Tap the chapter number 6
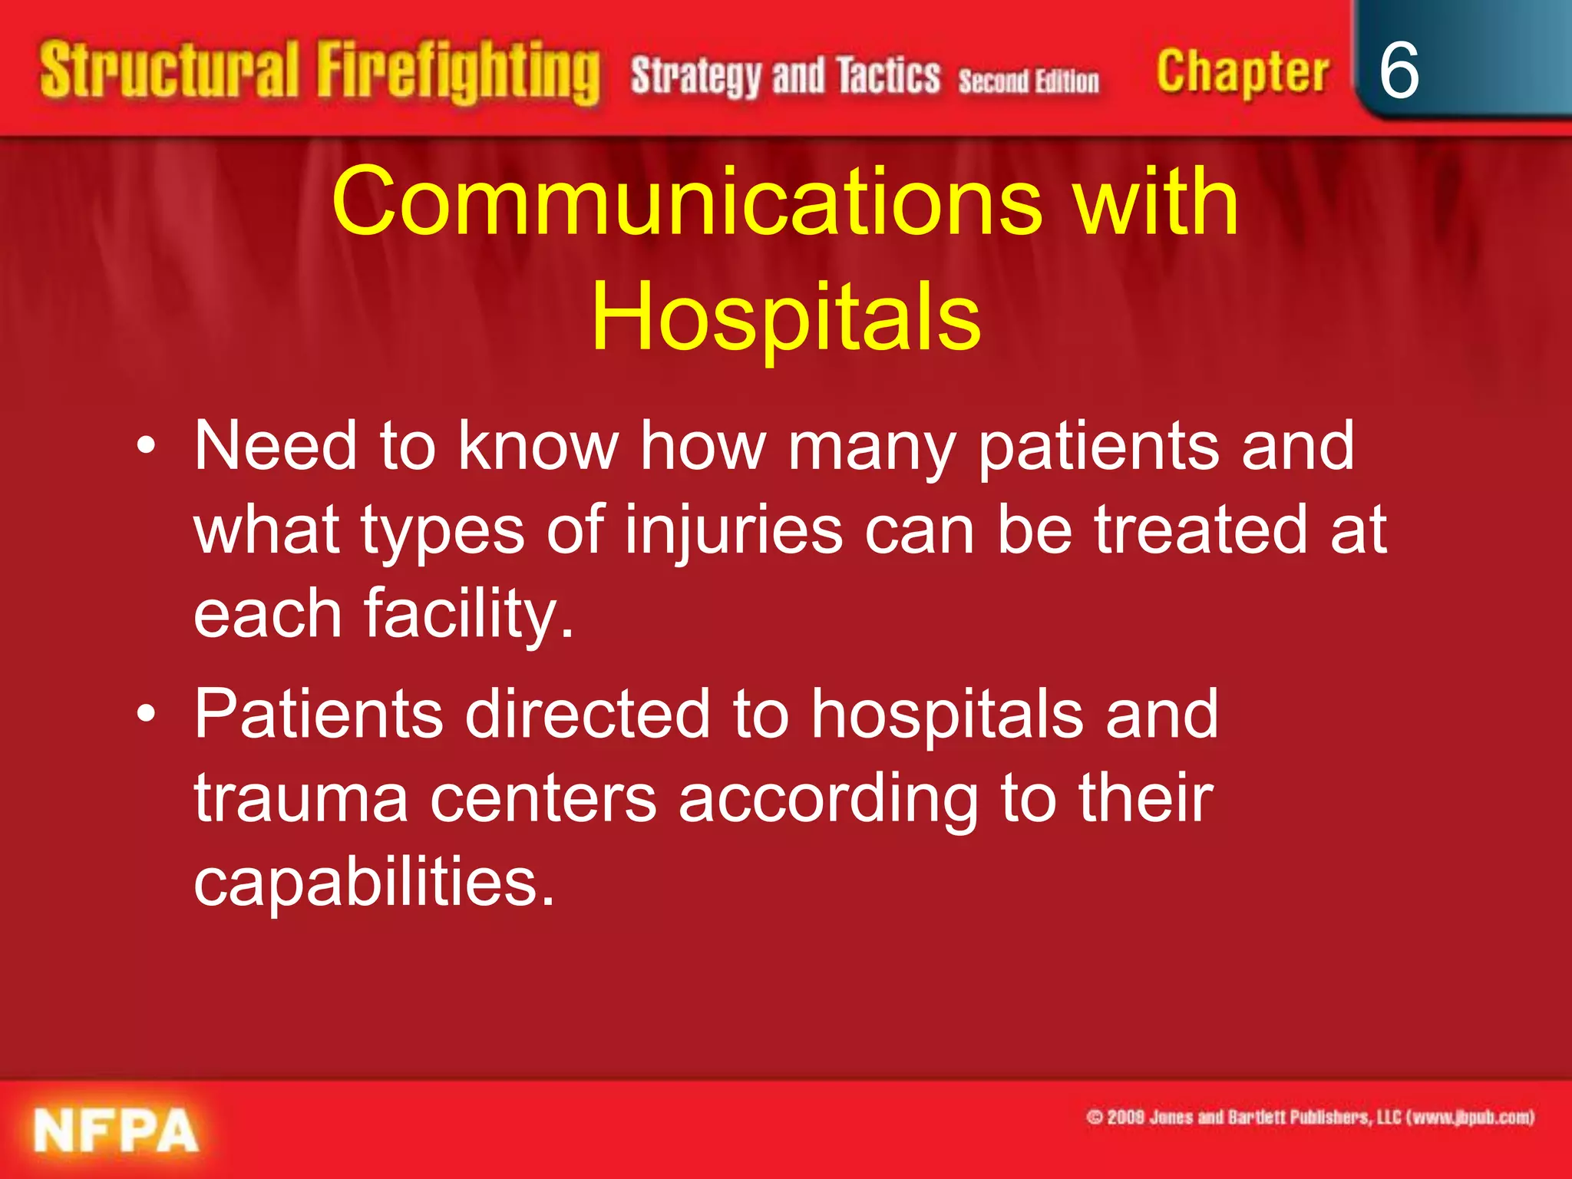pyautogui.click(x=1399, y=71)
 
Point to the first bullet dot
pyautogui.click(x=146, y=446)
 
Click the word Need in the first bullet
pyautogui.click(x=276, y=446)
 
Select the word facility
pyautogui.click(x=468, y=614)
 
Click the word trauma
pyautogui.click(x=300, y=798)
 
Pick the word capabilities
pyautogui.click(x=374, y=883)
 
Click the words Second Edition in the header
pyautogui.click(x=1029, y=81)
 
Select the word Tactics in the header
pyautogui.click(x=888, y=75)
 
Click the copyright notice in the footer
pyautogui.click(x=1309, y=1117)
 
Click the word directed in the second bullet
pyautogui.click(x=587, y=715)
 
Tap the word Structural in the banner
pyautogui.click(x=169, y=71)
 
